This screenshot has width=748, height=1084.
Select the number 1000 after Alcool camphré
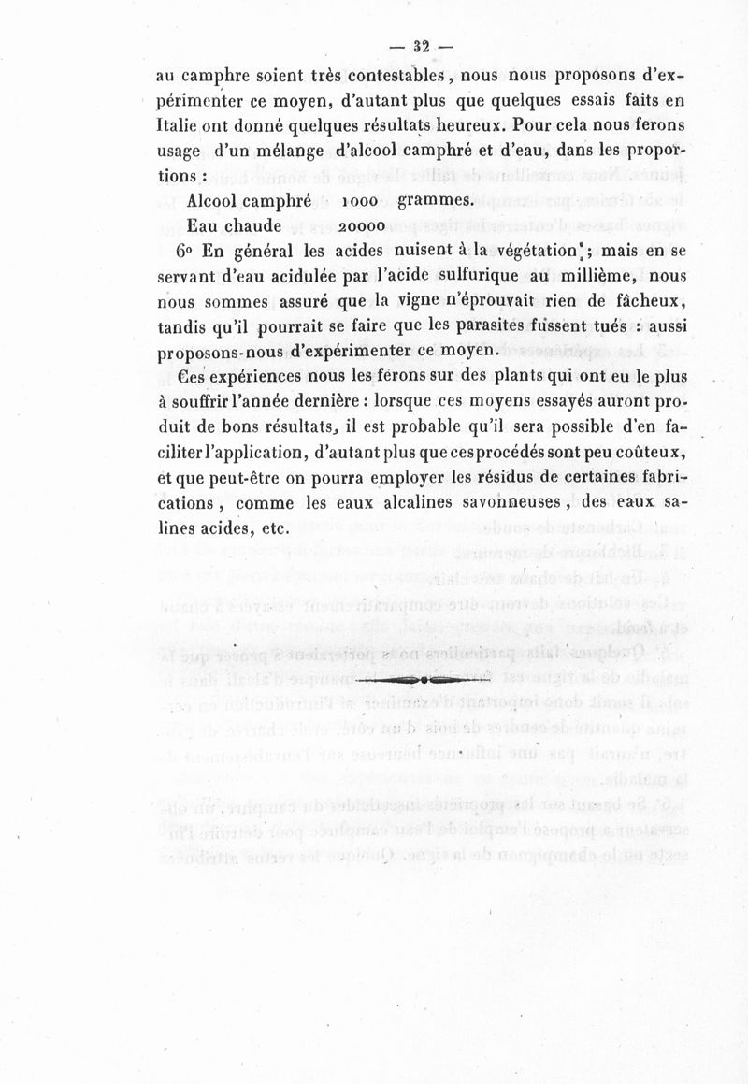(360, 201)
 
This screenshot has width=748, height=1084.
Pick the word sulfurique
(456, 277)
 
